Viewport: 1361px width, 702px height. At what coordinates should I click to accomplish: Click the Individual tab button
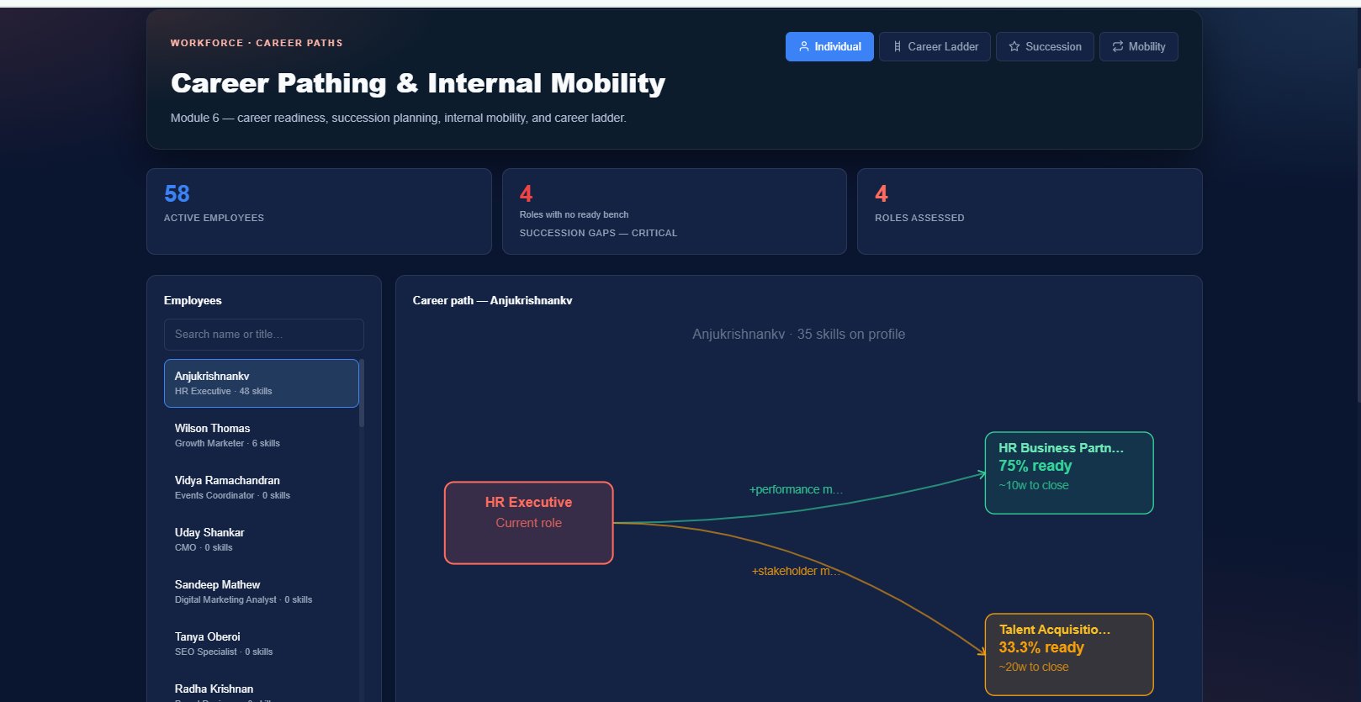click(x=829, y=47)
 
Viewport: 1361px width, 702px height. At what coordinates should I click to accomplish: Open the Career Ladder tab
click(x=935, y=47)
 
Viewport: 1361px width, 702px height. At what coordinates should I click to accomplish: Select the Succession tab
click(x=1045, y=47)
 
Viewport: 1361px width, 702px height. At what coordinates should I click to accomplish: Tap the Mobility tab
click(x=1139, y=47)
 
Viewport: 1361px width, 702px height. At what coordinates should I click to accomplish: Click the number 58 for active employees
click(x=177, y=193)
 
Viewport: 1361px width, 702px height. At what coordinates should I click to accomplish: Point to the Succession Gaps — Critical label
click(x=598, y=233)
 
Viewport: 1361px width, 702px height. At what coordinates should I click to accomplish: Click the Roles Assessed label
click(x=919, y=218)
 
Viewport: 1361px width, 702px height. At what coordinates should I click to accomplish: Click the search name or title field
click(x=263, y=334)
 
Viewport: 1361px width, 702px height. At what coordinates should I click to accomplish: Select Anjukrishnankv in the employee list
click(x=262, y=383)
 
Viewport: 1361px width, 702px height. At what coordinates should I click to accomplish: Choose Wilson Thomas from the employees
click(x=262, y=435)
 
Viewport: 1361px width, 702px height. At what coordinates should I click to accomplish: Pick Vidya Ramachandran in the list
click(x=262, y=488)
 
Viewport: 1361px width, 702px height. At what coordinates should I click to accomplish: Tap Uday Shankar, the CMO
click(x=262, y=540)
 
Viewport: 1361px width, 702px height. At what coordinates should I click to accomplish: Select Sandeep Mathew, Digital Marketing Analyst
click(x=262, y=592)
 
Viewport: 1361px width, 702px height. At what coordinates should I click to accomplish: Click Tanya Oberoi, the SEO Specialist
click(x=262, y=644)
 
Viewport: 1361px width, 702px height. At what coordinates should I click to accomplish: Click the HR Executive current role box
click(x=528, y=523)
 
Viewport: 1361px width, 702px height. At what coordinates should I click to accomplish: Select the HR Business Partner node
click(x=1069, y=473)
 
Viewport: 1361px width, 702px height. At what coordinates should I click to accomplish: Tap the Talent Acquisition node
click(x=1069, y=655)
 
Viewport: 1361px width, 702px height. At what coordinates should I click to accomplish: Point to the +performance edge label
click(x=796, y=489)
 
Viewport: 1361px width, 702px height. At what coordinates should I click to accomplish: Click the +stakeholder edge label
click(x=796, y=571)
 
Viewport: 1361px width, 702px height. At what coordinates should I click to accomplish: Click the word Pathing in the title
click(x=331, y=83)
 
